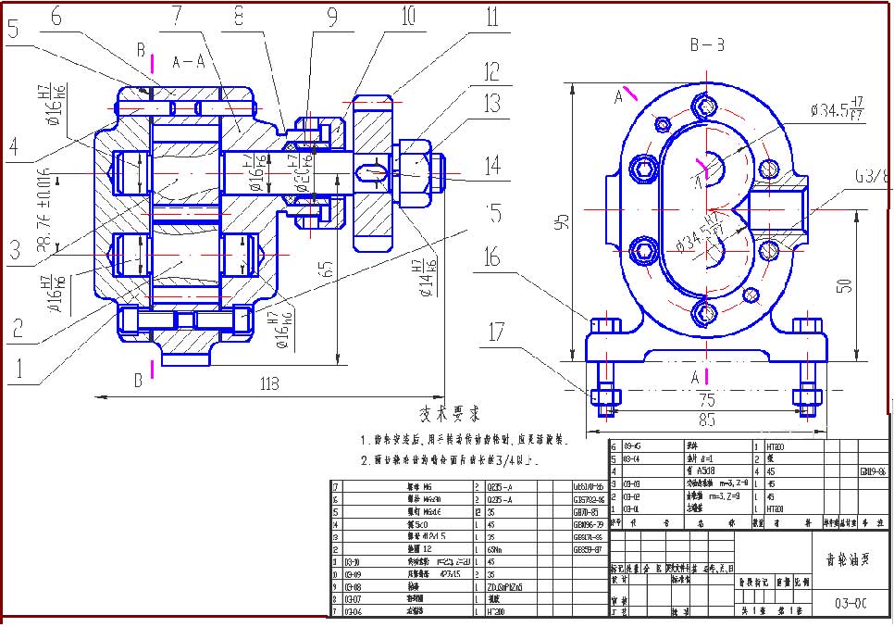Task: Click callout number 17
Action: (498, 331)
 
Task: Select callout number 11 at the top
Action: (491, 17)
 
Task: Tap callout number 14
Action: (492, 167)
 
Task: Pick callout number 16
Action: (491, 257)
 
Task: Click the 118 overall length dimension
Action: (269, 384)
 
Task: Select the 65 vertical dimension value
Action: (325, 270)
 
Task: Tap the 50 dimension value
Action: (843, 285)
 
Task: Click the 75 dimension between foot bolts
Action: (705, 401)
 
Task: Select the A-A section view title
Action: (189, 62)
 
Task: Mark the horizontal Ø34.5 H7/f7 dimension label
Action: (837, 111)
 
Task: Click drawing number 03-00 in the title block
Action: (850, 603)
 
